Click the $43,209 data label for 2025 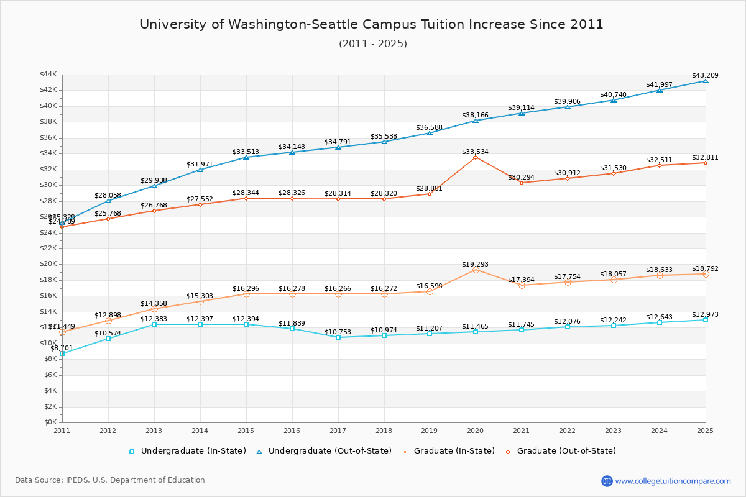point(705,76)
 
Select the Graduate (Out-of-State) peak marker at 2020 point(476,157)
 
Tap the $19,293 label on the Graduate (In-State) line point(476,264)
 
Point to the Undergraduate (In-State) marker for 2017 point(338,337)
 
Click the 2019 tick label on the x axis point(430,431)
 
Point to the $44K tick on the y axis point(48,75)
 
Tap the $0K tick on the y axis point(51,422)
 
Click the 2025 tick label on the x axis point(705,431)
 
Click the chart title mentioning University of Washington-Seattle point(372,24)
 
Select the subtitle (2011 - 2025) point(372,43)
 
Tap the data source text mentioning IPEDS point(110,480)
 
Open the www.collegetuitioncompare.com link point(673,481)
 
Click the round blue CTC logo point(607,481)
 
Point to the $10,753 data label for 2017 point(338,332)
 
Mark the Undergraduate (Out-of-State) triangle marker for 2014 point(200,170)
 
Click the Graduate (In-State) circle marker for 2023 point(614,280)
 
